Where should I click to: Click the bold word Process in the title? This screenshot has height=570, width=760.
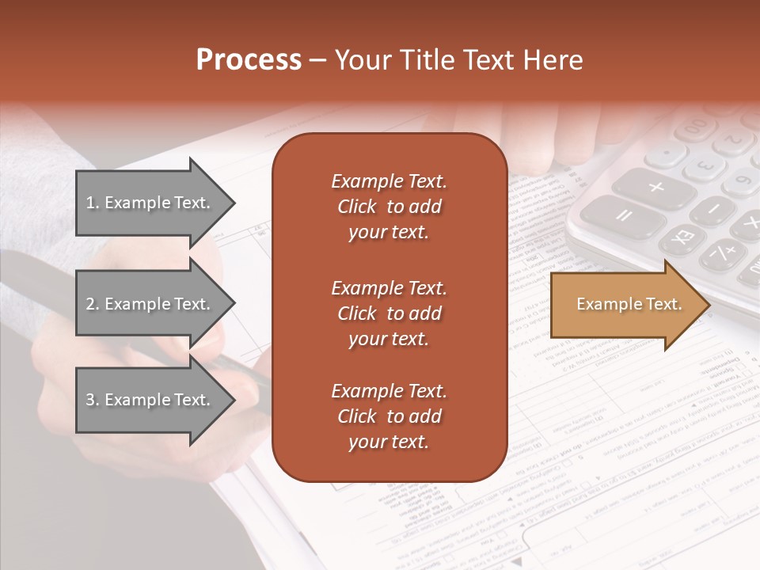[249, 59]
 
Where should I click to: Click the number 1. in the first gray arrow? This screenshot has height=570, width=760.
[93, 203]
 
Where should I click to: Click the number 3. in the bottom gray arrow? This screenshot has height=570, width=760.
[93, 400]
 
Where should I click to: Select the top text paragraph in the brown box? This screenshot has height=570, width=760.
[389, 207]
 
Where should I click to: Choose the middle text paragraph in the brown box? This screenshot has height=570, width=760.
[389, 313]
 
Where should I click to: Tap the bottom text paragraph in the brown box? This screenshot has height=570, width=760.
[389, 416]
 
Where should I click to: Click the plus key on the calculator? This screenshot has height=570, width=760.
[656, 188]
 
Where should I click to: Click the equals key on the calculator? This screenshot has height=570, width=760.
[623, 215]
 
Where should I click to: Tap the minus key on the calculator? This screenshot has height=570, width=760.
[714, 209]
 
